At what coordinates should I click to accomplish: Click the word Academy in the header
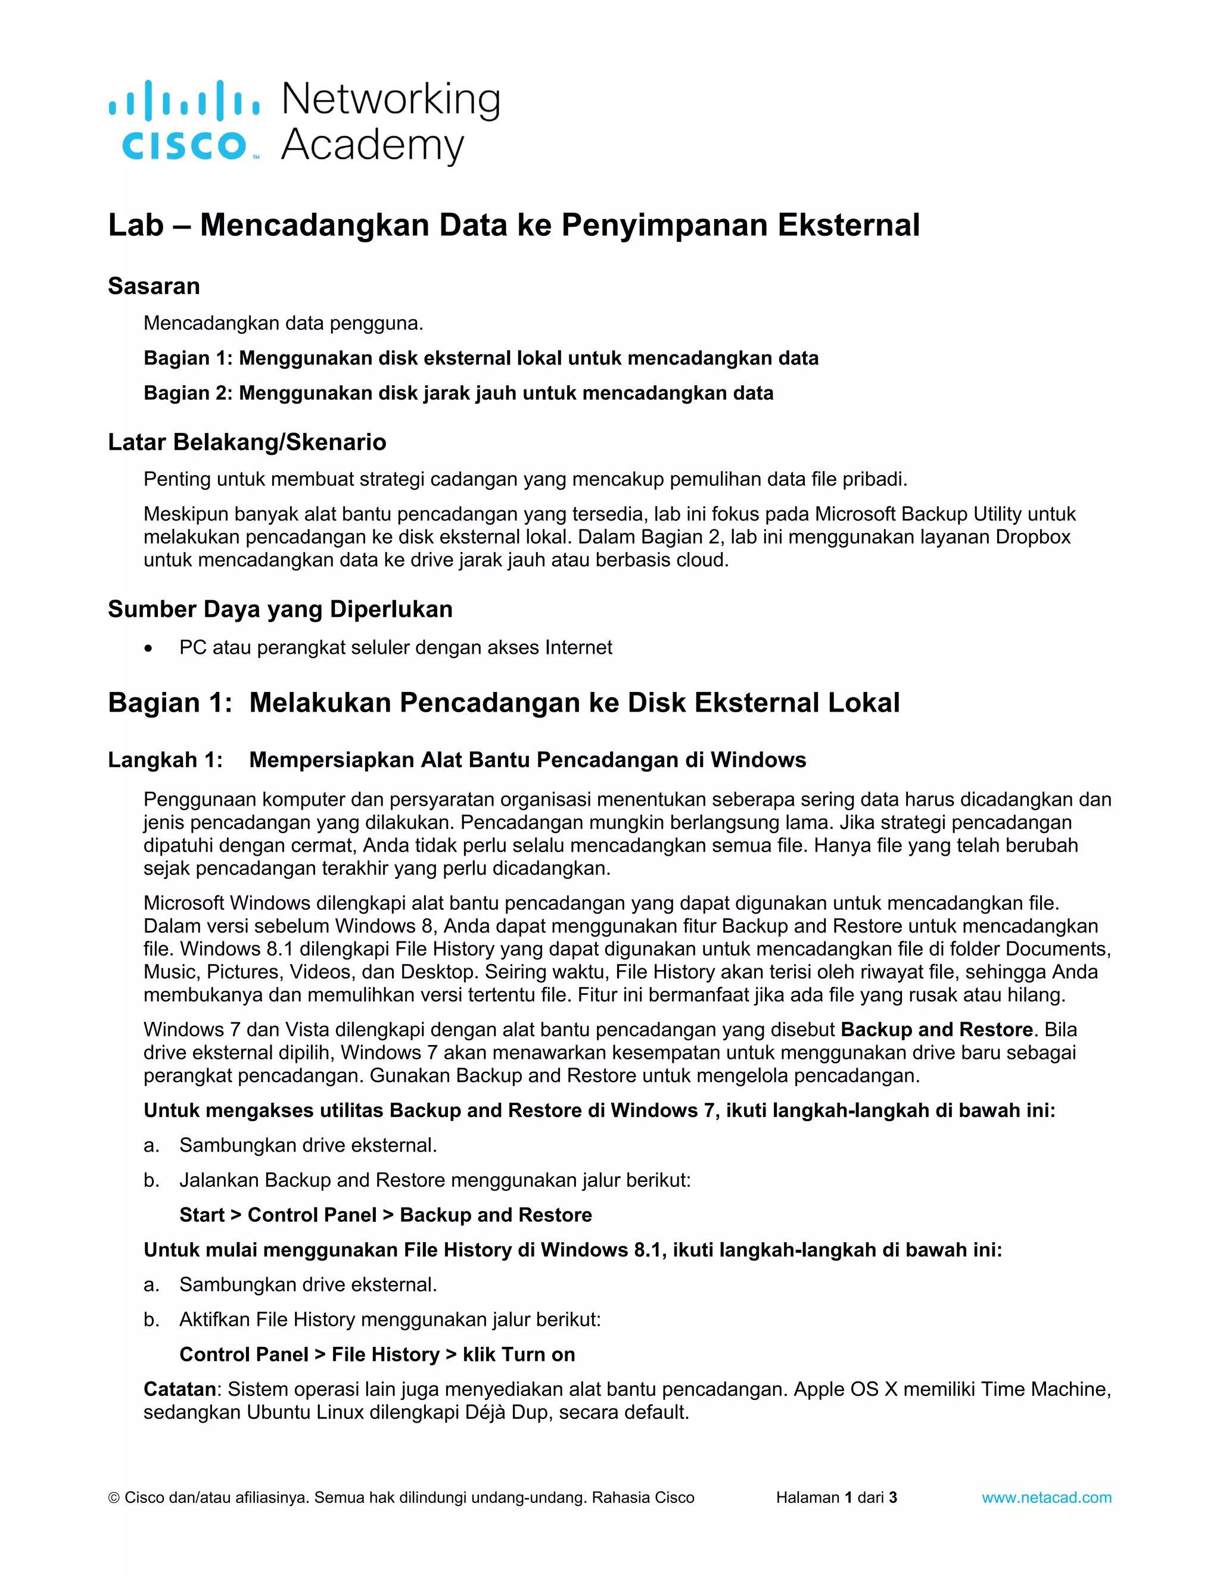tap(372, 145)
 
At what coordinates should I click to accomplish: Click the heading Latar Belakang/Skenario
tap(247, 442)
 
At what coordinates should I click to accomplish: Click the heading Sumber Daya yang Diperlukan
tap(280, 609)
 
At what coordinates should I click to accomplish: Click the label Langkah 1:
tap(165, 760)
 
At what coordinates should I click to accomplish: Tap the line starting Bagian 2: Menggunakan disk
tap(458, 393)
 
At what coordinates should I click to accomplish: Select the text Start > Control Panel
tap(278, 1215)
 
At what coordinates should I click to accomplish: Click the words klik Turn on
tap(519, 1355)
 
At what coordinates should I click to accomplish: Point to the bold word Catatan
tap(179, 1389)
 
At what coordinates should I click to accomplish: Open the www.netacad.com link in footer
tap(1046, 1498)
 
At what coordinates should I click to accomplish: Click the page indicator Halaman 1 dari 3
tap(836, 1498)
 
